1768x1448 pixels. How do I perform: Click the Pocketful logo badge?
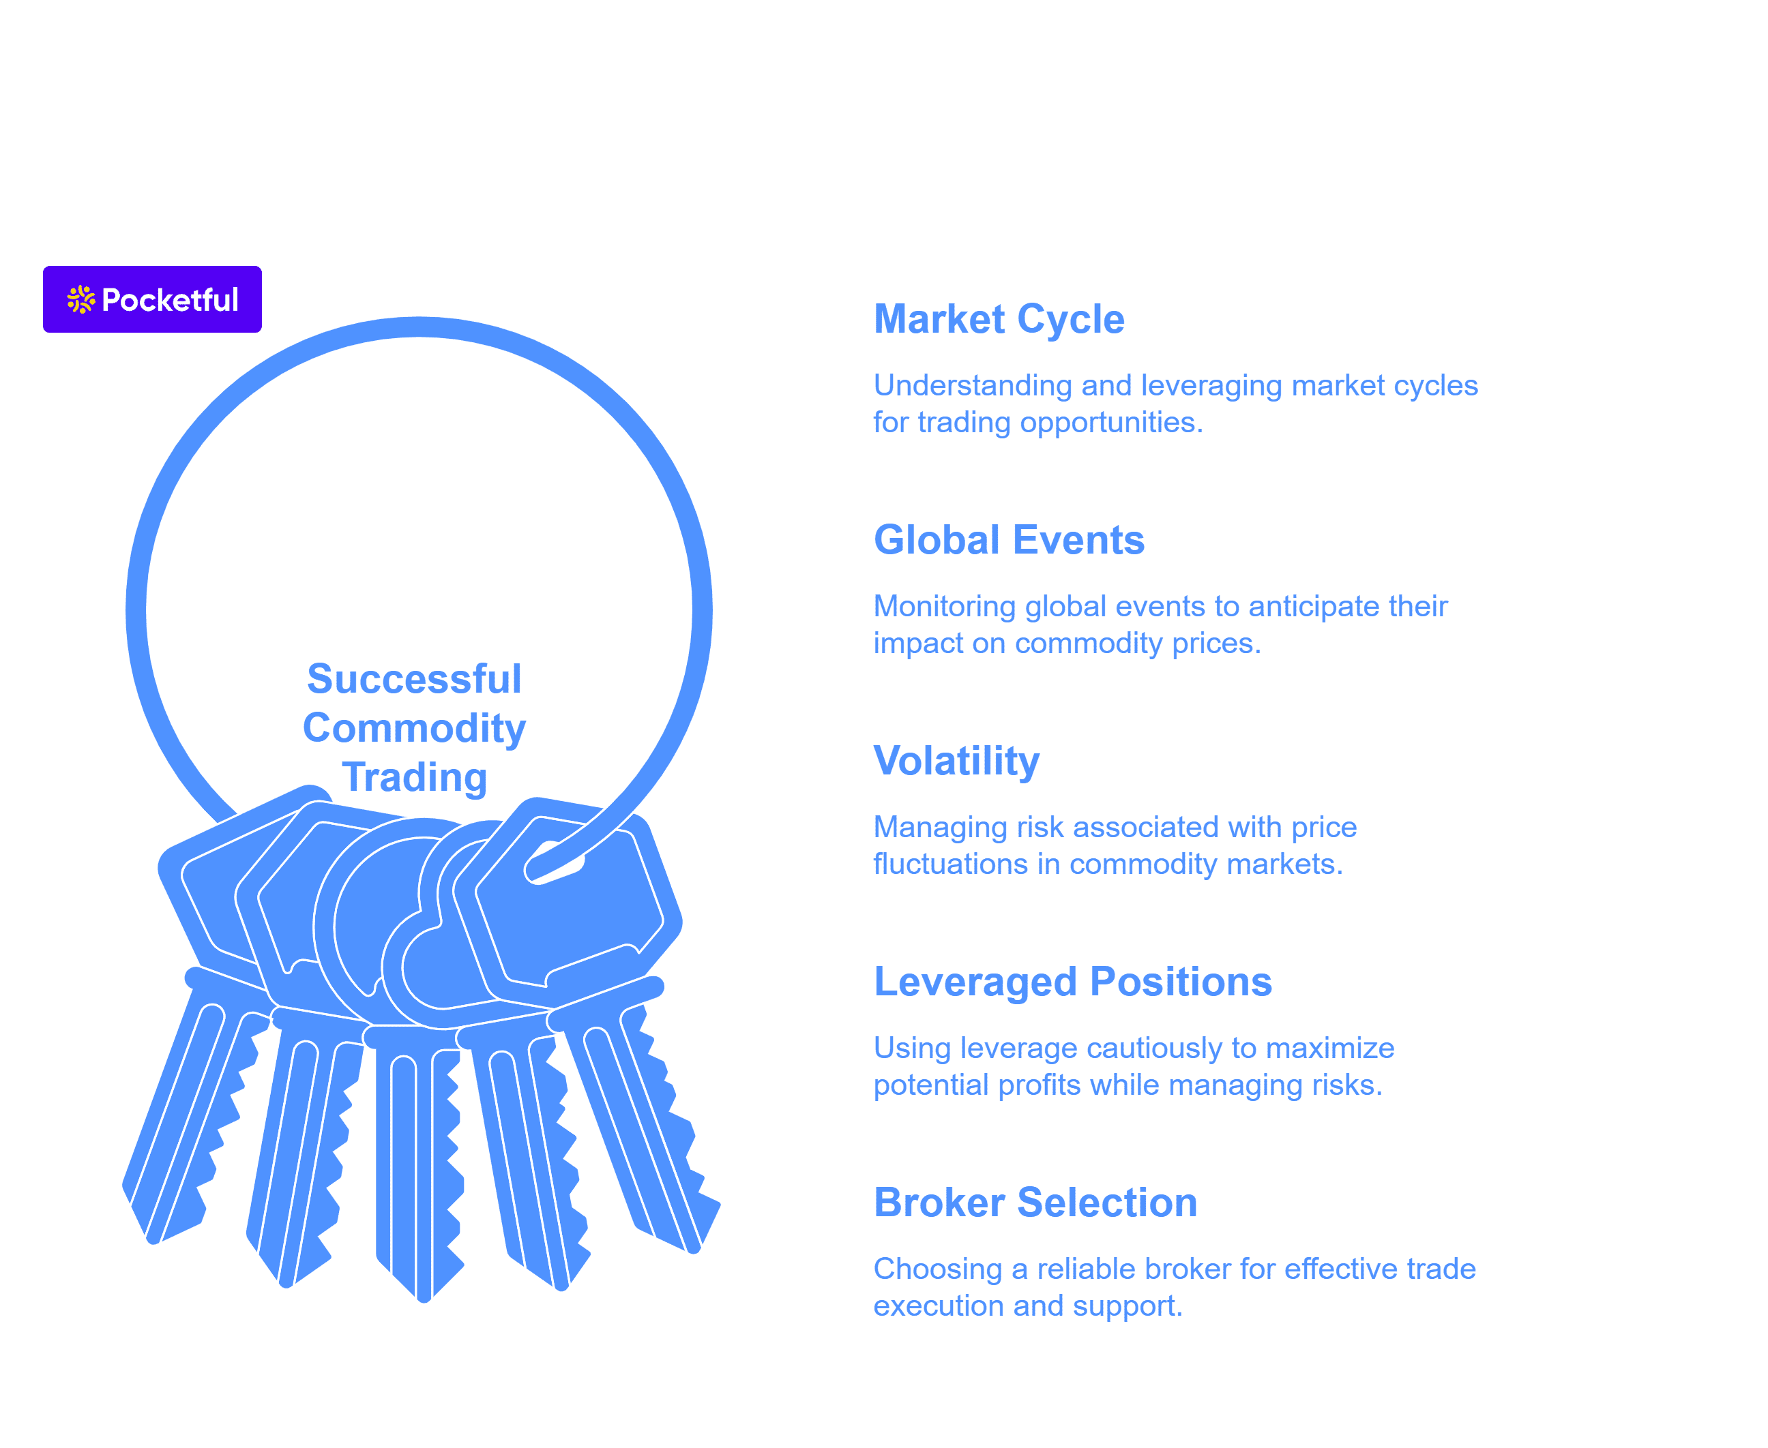152,299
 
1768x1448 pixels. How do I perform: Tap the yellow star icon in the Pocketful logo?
81,299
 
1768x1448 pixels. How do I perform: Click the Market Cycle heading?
999,320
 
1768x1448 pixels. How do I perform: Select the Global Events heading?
1009,540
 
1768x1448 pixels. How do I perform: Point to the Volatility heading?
956,761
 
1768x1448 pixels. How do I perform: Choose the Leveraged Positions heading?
1072,982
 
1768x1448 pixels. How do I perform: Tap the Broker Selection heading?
1035,1203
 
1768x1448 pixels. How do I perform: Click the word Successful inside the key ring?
414,678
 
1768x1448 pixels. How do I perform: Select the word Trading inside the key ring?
414,777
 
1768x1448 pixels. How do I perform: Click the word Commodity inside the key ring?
414,729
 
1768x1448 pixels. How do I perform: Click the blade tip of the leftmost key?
153,1239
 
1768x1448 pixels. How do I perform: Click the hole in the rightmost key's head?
554,863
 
